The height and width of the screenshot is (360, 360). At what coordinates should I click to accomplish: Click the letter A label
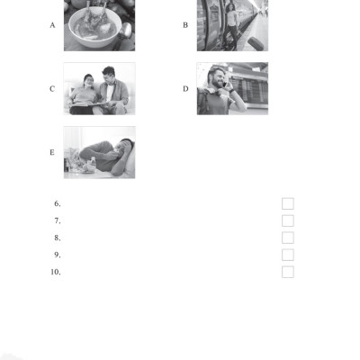click(x=53, y=25)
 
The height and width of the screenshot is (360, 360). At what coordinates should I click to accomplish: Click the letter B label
click(x=185, y=25)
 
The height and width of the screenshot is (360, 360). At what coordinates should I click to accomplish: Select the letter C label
click(x=53, y=88)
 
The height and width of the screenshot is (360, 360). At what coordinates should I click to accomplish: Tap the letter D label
click(x=185, y=88)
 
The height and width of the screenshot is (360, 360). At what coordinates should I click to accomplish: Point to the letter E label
click(x=53, y=152)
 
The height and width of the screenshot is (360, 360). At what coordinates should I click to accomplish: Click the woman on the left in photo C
click(x=86, y=91)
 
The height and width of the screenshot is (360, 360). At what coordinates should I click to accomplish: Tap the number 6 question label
click(x=57, y=203)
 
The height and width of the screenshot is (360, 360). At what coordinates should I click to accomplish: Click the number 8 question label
click(x=57, y=238)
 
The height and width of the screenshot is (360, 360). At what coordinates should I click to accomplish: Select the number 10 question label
click(x=55, y=272)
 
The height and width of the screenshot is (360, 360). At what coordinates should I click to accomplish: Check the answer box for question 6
click(x=288, y=203)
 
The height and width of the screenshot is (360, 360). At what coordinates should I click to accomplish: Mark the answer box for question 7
click(x=288, y=220)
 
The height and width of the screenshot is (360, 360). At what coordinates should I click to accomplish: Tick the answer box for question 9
click(x=288, y=255)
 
